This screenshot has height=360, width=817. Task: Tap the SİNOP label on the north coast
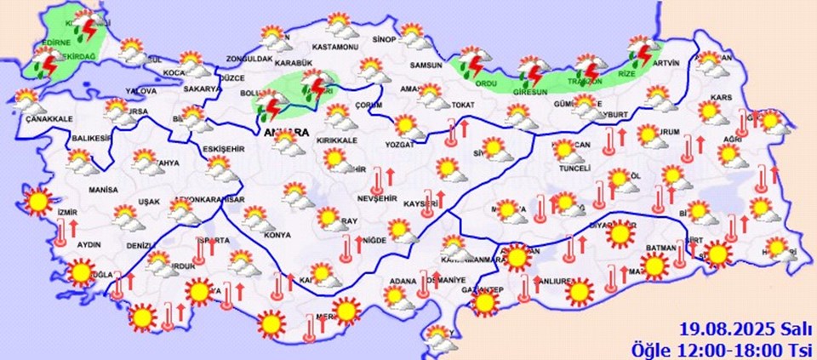386,39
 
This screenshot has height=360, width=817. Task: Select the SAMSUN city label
426,66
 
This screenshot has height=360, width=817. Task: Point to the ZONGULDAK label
249,60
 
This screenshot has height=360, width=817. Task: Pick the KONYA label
278,234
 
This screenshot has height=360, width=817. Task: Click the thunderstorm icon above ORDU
471,63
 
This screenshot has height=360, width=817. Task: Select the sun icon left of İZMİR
37,202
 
